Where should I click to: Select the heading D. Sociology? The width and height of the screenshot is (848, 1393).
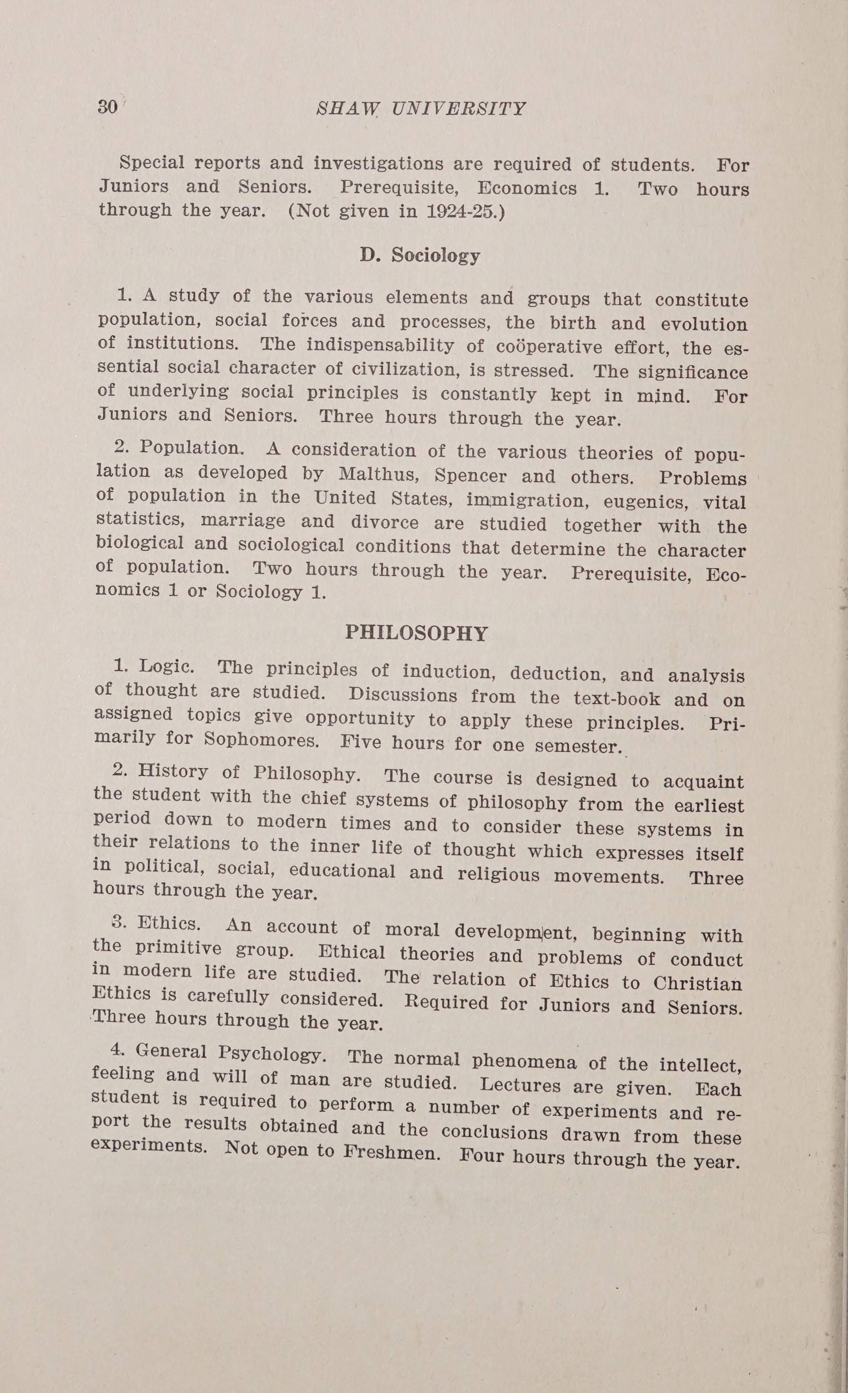pos(420,256)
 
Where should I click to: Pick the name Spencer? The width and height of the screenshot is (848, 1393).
pos(471,475)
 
